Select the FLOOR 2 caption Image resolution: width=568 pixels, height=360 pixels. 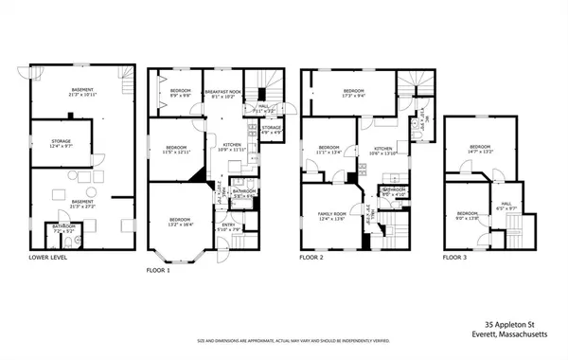311,257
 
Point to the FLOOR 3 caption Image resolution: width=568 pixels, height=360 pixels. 456,257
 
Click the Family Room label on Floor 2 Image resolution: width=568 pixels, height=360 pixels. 330,217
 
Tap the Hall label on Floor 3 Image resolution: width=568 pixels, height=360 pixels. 506,205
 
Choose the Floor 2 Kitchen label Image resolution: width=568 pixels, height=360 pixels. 382,151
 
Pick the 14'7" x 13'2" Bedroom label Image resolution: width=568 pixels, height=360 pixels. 481,150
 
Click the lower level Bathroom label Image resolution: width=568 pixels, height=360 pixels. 64,228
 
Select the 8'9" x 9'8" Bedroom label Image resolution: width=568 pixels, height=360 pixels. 181,93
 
